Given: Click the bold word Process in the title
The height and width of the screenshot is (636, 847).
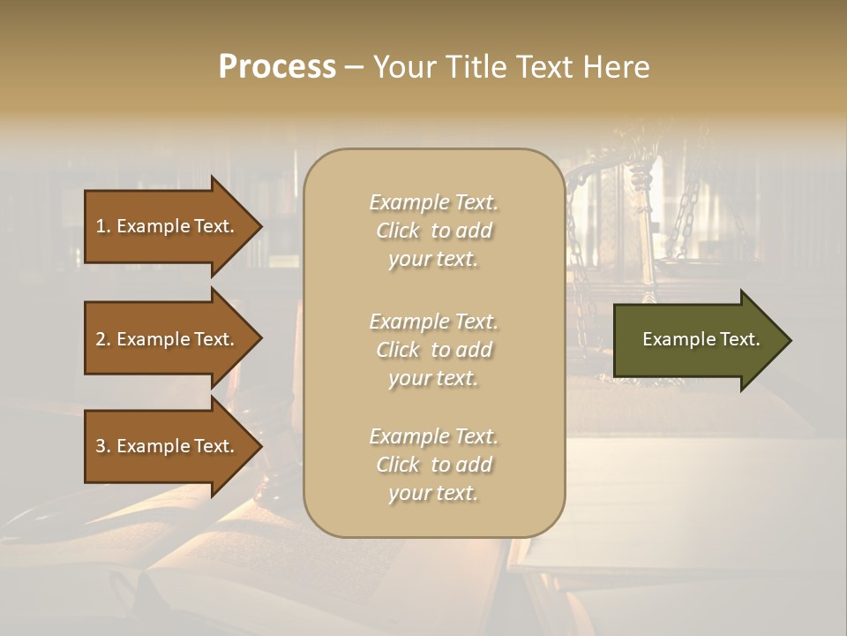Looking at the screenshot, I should pyautogui.click(x=277, y=67).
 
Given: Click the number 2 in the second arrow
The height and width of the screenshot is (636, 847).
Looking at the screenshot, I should pyautogui.click(x=101, y=339).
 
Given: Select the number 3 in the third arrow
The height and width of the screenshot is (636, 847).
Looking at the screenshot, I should pyautogui.click(x=101, y=446).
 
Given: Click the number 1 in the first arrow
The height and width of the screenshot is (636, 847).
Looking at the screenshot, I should pyautogui.click(x=101, y=226).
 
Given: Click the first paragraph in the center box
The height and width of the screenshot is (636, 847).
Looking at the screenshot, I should pyautogui.click(x=433, y=231).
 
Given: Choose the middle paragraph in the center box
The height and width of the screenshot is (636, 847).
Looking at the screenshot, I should pyautogui.click(x=433, y=350).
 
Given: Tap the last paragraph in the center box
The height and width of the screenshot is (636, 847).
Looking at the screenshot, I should pyautogui.click(x=433, y=465).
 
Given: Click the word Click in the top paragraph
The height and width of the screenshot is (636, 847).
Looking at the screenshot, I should pyautogui.click(x=398, y=231).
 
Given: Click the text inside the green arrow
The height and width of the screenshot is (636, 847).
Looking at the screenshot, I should pyautogui.click(x=701, y=339).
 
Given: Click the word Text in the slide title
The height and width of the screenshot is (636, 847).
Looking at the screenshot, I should pyautogui.click(x=544, y=67).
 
